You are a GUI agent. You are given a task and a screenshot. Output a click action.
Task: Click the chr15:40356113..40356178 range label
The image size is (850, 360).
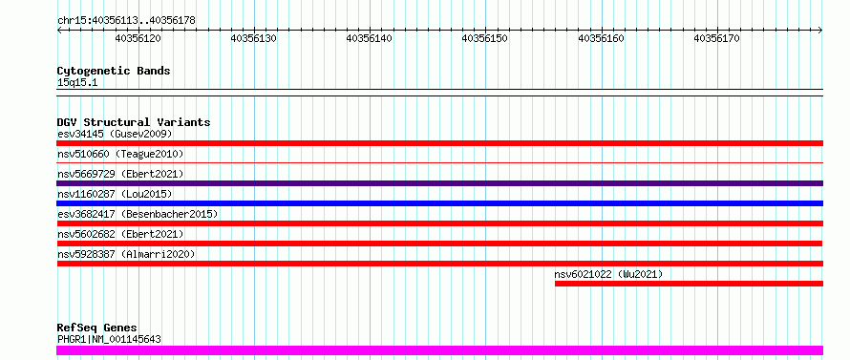(x=126, y=21)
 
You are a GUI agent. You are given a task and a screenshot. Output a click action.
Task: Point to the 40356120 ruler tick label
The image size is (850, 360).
(x=138, y=38)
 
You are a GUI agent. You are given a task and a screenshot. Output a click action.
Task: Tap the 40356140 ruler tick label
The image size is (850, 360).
(x=370, y=38)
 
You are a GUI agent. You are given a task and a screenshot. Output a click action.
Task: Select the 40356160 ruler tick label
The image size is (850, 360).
(x=601, y=38)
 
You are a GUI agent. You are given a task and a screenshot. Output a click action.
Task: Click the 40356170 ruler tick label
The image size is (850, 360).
(x=716, y=38)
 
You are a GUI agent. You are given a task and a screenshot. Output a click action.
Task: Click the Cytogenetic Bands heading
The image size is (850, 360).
(x=114, y=71)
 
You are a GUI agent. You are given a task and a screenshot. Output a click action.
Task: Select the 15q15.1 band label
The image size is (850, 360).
(x=77, y=83)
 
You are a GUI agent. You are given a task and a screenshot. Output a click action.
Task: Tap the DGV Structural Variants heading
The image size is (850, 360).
(x=134, y=122)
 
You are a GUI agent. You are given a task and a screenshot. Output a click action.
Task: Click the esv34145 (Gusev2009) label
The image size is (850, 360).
(x=115, y=134)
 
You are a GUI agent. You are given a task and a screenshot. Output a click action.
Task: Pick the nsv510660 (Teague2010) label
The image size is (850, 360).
(x=120, y=154)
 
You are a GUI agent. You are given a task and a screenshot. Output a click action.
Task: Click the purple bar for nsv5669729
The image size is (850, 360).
(x=439, y=183)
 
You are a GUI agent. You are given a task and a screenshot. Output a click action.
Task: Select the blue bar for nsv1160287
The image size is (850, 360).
(x=439, y=203)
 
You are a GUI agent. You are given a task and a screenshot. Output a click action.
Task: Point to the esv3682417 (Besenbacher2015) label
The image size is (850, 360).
(x=138, y=214)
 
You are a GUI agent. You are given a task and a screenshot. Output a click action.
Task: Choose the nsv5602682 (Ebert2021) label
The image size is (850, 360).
(x=120, y=234)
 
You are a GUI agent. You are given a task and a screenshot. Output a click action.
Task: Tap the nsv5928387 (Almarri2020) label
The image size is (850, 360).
(x=126, y=254)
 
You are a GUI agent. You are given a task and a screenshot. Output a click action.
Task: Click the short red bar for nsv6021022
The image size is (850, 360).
(x=689, y=284)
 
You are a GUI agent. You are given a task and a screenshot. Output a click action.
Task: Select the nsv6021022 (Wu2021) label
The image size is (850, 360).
(x=608, y=274)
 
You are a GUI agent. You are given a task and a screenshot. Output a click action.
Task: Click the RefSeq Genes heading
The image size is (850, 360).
(x=97, y=328)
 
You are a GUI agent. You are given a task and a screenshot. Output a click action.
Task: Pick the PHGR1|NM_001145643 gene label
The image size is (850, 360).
(x=109, y=340)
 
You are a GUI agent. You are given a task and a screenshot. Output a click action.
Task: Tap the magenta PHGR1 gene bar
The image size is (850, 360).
(x=439, y=350)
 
